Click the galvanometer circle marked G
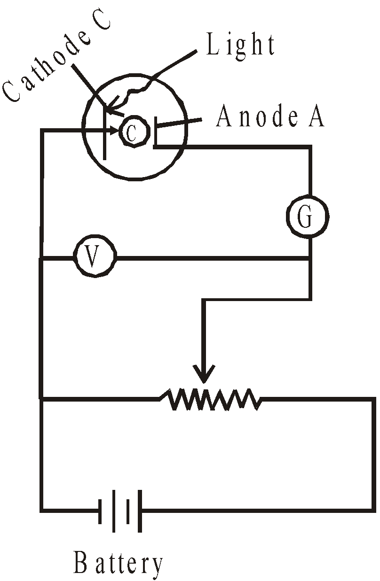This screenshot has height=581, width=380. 307,217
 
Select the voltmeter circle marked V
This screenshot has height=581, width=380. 95,256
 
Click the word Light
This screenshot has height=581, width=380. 240,46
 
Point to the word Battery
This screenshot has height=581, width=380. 119,564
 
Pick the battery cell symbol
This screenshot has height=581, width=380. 120,510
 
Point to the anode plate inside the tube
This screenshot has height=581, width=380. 155,133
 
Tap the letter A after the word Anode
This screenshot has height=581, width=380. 316,117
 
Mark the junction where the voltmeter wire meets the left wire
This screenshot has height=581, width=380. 42,257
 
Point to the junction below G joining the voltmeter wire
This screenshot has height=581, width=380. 310,257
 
